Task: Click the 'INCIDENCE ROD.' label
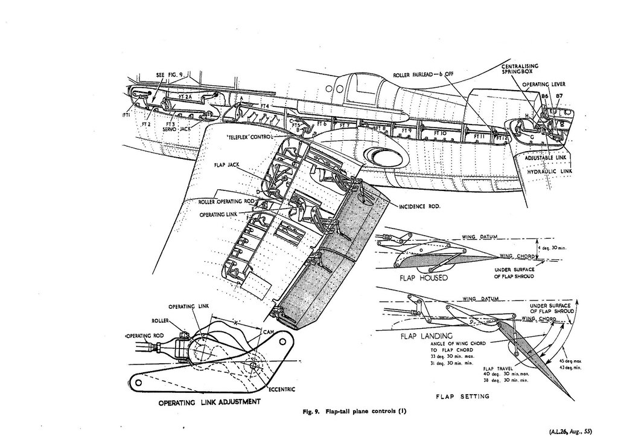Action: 419,206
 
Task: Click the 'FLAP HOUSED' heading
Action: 422,278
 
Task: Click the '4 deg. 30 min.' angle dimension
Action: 551,247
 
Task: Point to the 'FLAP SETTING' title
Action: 462,397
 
